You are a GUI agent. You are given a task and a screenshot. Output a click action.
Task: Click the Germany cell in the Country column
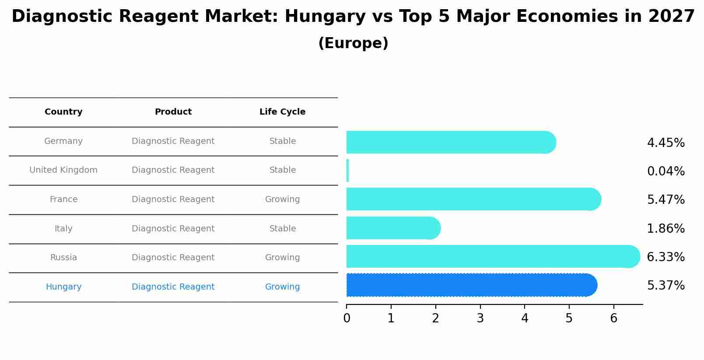[63, 141]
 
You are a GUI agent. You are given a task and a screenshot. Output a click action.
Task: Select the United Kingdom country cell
[63, 170]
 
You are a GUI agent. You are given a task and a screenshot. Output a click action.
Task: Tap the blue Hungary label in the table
[63, 287]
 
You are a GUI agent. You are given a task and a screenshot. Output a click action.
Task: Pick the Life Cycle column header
[282, 112]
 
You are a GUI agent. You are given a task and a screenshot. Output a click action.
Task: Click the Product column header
[173, 112]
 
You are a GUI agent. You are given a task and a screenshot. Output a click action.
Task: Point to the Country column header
[63, 112]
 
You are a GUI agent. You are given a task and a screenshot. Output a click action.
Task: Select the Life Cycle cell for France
[282, 199]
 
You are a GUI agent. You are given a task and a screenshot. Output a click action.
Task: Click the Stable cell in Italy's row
[282, 229]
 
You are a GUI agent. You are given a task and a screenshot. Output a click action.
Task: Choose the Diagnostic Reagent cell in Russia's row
[173, 258]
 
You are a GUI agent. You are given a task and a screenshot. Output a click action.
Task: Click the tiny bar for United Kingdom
[348, 171]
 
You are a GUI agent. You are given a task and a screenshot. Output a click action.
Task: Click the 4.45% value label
[665, 143]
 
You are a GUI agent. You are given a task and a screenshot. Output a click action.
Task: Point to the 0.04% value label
[665, 171]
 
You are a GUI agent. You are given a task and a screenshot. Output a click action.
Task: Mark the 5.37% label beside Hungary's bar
[665, 286]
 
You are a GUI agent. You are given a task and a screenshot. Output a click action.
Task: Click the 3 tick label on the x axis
[480, 318]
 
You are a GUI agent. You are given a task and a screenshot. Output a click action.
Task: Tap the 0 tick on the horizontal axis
[347, 318]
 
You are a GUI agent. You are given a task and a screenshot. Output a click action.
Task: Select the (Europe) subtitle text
[353, 43]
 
